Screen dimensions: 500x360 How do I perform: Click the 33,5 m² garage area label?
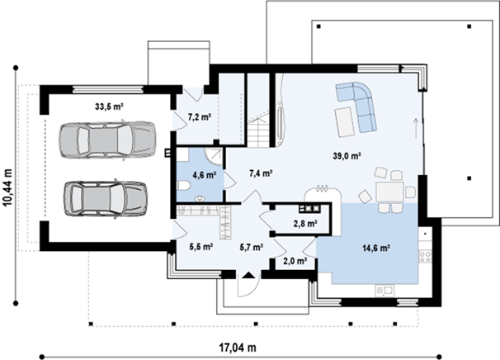coord(109,107)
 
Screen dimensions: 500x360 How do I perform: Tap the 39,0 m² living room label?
coord(347,156)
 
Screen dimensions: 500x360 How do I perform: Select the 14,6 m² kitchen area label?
coord(376,248)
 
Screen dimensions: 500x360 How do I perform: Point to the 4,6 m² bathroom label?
coord(205,174)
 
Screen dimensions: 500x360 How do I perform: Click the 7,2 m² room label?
coord(200,117)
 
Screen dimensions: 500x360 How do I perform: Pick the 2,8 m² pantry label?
coord(305,224)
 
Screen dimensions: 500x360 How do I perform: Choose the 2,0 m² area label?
coord(295,261)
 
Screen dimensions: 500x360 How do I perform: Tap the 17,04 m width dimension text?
coord(238,348)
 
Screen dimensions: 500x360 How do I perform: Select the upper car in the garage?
coord(107,140)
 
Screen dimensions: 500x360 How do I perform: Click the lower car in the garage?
coord(106,198)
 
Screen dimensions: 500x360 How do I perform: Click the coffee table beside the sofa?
coord(344,122)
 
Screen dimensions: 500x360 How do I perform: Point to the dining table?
coord(389,192)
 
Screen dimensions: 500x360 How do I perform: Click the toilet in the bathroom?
coord(183,186)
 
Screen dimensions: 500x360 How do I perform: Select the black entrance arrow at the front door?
coord(248,275)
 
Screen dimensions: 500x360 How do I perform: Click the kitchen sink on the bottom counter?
coord(384,291)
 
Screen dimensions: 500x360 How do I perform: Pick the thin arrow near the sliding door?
coord(416,128)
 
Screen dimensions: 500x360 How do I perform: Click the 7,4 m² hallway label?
coord(261,173)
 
